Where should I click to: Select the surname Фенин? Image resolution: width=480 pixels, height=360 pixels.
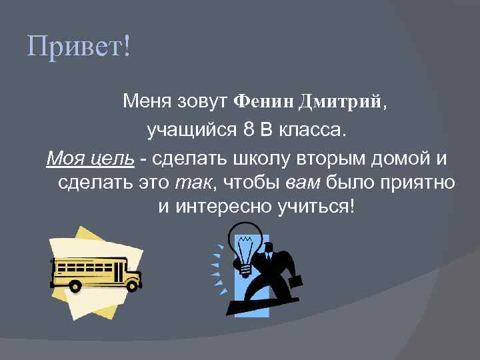point(265,101)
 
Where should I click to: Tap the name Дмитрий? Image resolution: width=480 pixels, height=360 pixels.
point(341,101)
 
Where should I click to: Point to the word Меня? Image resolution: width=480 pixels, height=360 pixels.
point(147,101)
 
